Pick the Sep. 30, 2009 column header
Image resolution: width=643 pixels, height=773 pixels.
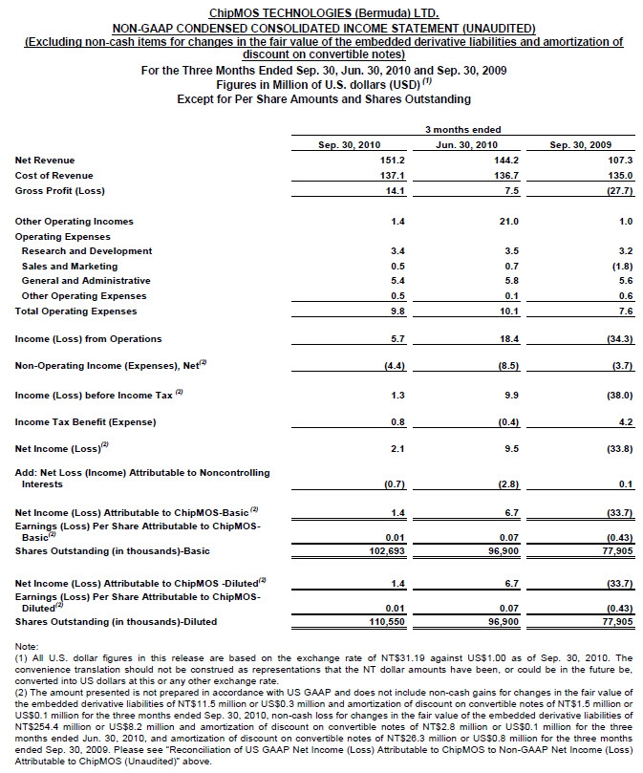[579, 144]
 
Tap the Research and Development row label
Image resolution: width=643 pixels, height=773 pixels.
[87, 251]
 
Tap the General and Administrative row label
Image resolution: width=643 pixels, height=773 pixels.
[86, 281]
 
